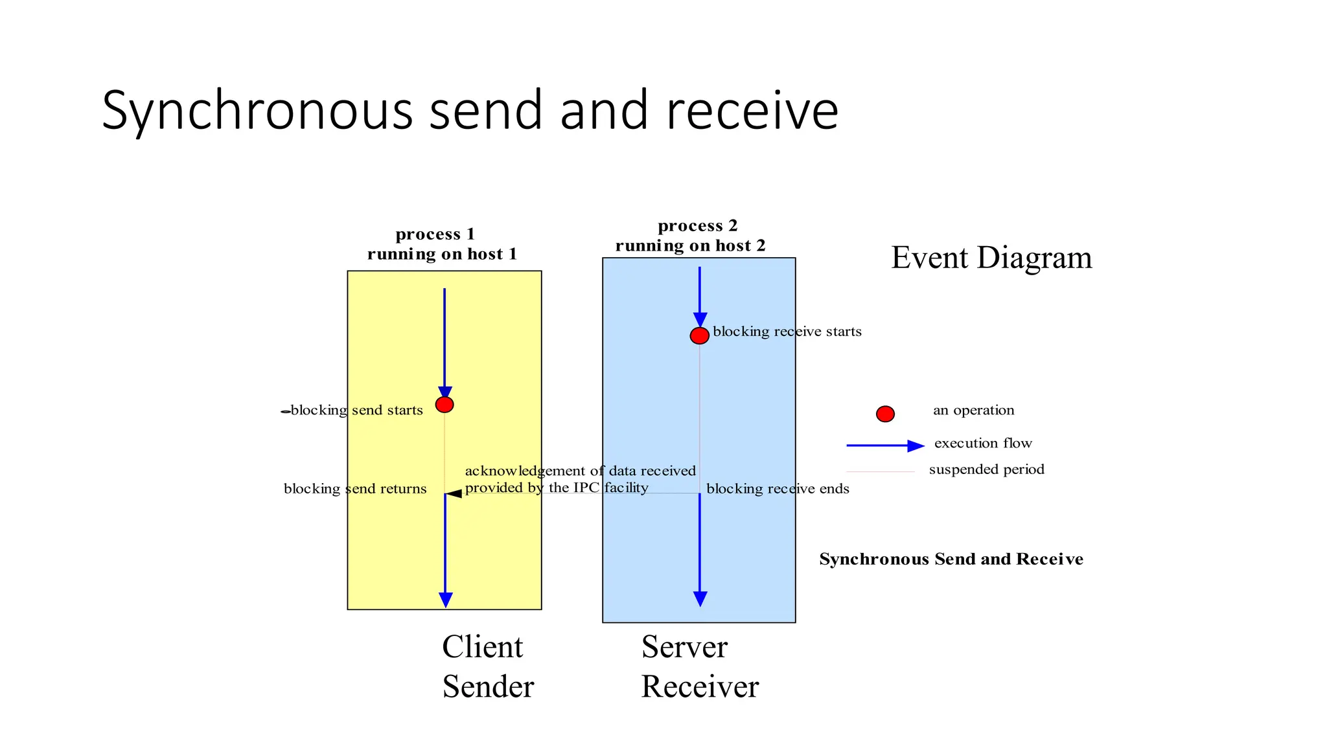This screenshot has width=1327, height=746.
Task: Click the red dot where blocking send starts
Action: click(444, 405)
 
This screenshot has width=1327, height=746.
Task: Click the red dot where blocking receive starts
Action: click(699, 335)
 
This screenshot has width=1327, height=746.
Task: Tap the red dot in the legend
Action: click(885, 414)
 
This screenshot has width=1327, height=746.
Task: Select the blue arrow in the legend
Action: click(884, 446)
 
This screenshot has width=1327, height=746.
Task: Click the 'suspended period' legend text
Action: click(986, 469)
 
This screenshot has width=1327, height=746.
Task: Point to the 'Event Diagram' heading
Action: click(991, 258)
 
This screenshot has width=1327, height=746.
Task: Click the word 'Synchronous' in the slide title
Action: click(257, 111)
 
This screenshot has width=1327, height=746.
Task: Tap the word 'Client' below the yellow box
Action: click(482, 647)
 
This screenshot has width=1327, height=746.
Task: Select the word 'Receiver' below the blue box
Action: click(700, 686)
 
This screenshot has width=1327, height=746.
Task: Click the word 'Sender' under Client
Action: click(488, 686)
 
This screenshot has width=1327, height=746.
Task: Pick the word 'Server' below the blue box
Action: click(684, 647)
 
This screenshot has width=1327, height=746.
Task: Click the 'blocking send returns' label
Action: click(355, 489)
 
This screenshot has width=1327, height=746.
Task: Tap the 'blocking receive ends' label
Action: click(778, 489)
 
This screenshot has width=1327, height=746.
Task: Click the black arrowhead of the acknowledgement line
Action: click(454, 493)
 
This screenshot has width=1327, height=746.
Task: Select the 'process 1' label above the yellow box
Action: click(435, 234)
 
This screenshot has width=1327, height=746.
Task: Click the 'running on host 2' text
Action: click(690, 246)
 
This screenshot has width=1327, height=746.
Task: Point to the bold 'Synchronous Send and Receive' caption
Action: click(951, 559)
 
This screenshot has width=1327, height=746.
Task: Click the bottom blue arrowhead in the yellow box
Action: click(446, 600)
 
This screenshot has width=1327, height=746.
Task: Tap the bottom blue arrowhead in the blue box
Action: click(700, 598)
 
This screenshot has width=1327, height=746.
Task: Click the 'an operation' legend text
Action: click(973, 410)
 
